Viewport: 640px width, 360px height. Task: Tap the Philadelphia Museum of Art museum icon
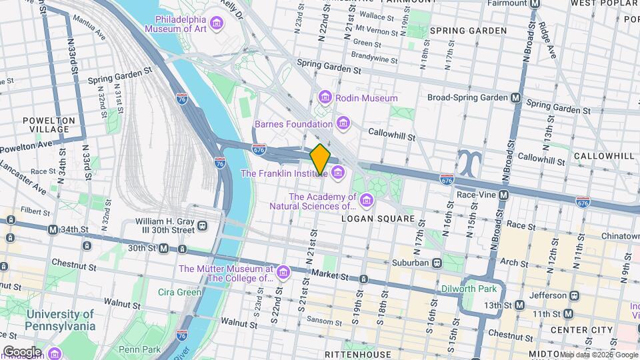click(x=215, y=25)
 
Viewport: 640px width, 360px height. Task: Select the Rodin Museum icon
click(x=325, y=98)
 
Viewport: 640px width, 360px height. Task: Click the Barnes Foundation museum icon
click(x=343, y=123)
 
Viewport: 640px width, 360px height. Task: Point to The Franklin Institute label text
click(x=283, y=173)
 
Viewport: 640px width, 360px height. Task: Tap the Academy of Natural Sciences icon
click(x=366, y=200)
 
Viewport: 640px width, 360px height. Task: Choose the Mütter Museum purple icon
click(x=283, y=273)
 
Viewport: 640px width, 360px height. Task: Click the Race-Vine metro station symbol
click(x=504, y=195)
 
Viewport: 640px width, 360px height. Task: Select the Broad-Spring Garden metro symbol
click(x=515, y=97)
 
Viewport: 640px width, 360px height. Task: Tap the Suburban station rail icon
click(x=437, y=263)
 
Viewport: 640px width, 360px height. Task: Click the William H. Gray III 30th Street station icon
click(x=201, y=226)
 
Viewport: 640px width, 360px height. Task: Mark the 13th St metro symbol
click(x=519, y=305)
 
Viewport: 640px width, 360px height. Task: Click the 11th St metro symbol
click(x=568, y=313)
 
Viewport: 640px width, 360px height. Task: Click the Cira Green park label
click(x=179, y=292)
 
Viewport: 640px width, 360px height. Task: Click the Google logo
click(x=22, y=351)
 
